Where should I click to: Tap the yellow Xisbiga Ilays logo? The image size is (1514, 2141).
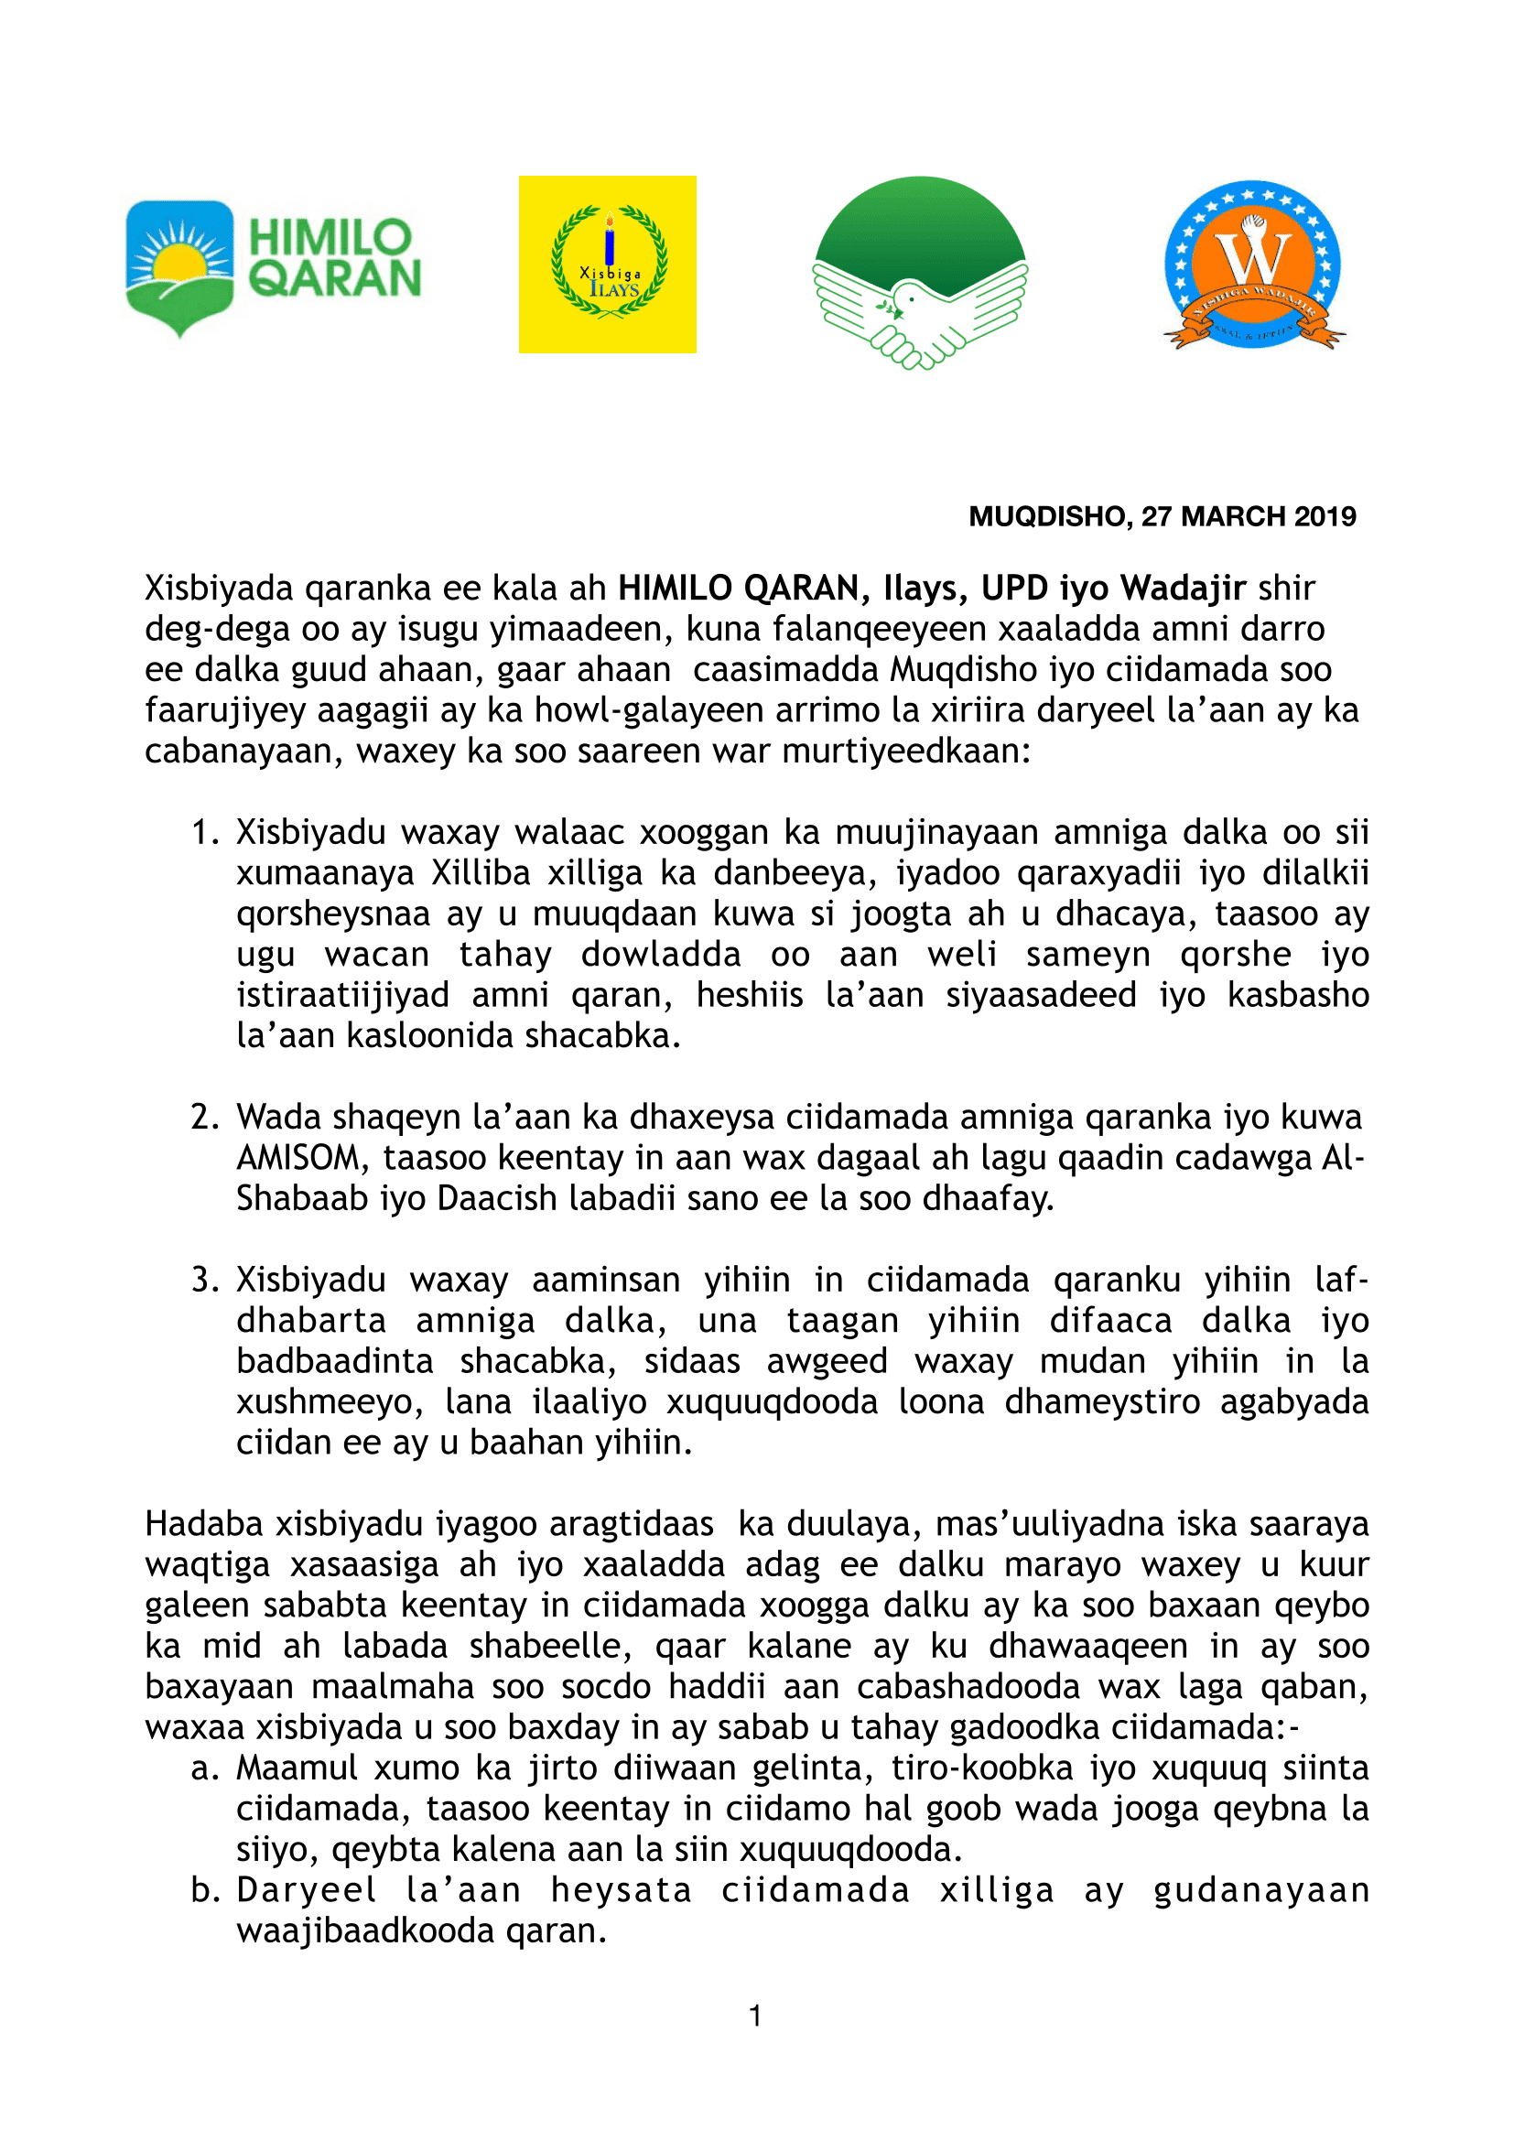tap(607, 264)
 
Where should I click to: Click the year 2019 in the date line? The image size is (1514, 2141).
tap(1323, 516)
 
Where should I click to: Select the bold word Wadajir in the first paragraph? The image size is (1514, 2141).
tap(1183, 589)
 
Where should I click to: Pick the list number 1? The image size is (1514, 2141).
tap(203, 832)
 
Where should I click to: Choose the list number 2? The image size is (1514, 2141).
tap(203, 1117)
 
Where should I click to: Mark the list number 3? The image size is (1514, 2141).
tap(203, 1280)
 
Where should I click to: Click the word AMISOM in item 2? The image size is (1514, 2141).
tap(297, 1158)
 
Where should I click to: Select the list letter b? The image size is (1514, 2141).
tap(202, 1889)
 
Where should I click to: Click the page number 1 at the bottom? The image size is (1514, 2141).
tap(755, 2016)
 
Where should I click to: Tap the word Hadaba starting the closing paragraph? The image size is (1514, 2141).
tap(204, 1524)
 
